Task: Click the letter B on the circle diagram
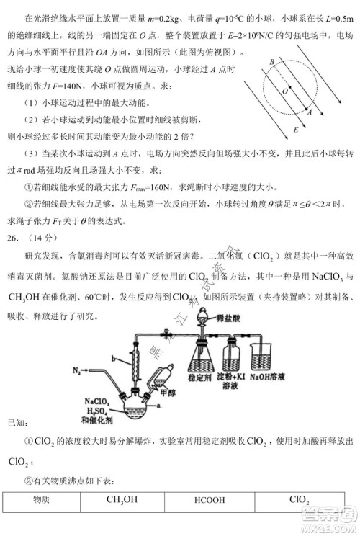271,63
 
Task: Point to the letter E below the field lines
296,130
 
